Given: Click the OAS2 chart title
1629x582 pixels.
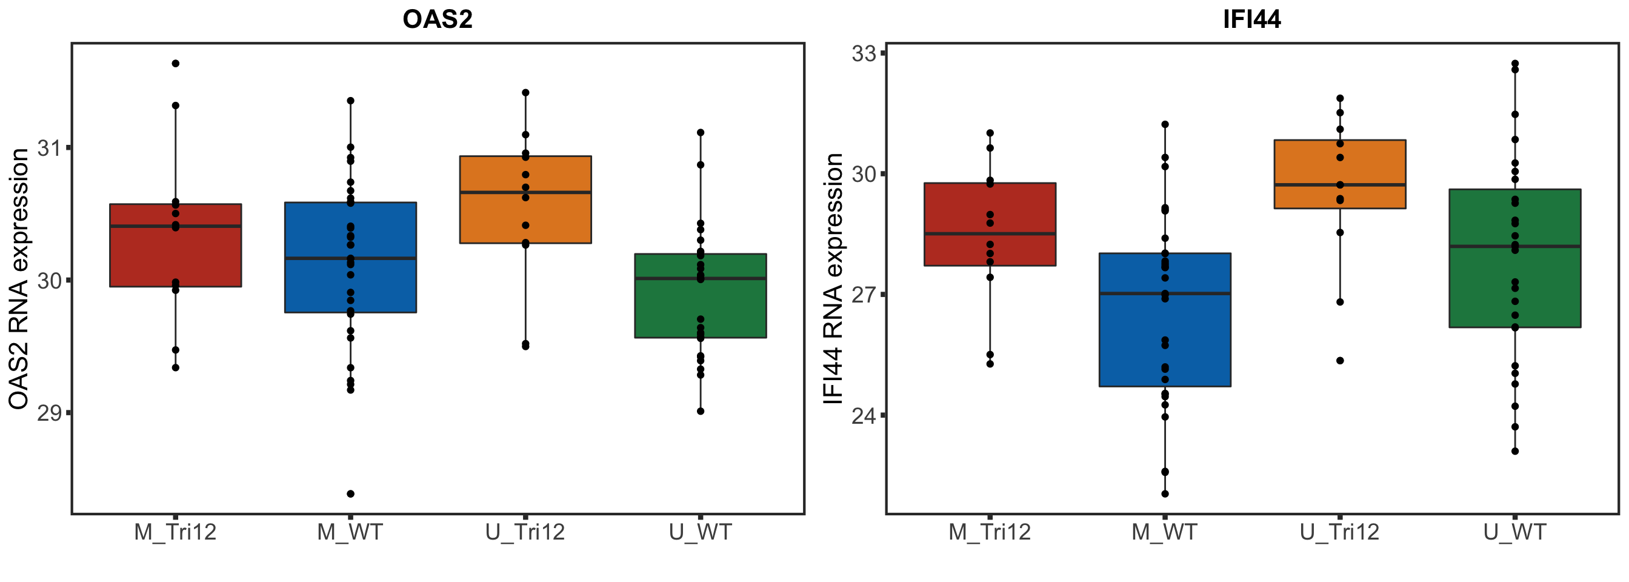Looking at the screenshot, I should [x=438, y=19].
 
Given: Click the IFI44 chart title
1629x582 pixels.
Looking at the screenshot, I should [x=1251, y=19].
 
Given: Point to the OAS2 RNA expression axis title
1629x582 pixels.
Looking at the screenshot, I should [x=19, y=278].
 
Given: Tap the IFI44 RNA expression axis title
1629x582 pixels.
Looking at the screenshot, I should [x=833, y=278].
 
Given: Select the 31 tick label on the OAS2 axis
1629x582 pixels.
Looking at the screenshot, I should [x=48, y=149].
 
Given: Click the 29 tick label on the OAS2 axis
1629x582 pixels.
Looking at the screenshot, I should [x=48, y=413].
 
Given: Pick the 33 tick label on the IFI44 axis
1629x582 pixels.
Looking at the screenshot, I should [x=864, y=54].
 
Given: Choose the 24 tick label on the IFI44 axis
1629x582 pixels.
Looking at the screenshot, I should [x=864, y=416].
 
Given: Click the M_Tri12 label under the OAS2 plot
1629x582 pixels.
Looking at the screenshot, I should [x=175, y=532].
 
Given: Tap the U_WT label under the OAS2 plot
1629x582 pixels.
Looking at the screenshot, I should [x=700, y=532].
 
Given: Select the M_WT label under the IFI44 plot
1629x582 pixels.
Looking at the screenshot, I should [x=1164, y=532].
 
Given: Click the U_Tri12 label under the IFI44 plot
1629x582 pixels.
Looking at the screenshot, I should [x=1339, y=532].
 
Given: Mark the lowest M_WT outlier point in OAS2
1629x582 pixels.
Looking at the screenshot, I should [x=350, y=493].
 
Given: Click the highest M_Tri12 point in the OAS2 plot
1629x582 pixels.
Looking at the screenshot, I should [x=176, y=63].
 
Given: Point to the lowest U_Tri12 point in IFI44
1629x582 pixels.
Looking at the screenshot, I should [x=1340, y=361].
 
